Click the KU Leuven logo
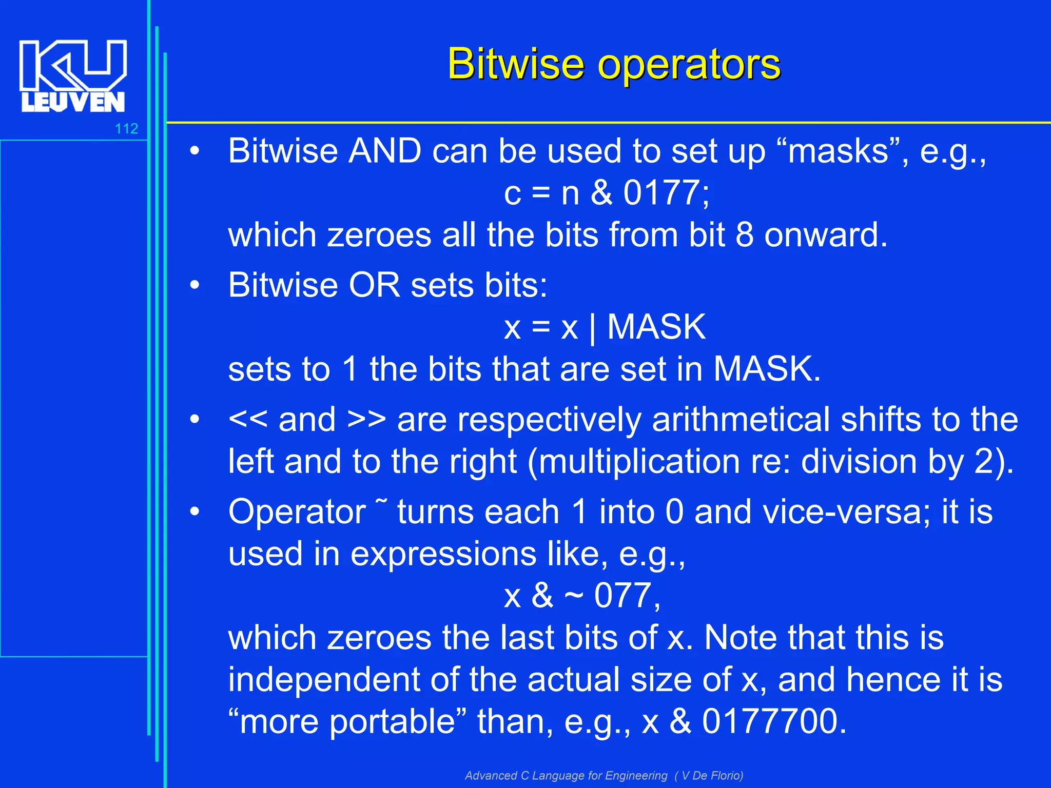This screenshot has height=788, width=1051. tap(73, 75)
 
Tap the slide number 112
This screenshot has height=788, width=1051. tap(126, 128)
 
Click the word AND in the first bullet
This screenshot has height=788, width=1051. tap(385, 151)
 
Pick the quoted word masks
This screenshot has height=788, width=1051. tap(838, 151)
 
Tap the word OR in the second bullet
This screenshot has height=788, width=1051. tap(374, 285)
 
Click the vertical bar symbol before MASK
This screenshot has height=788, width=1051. tap(593, 328)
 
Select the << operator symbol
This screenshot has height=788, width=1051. tap(248, 419)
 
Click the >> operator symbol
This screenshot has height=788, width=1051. tap(366, 419)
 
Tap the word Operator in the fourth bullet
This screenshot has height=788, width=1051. tap(297, 511)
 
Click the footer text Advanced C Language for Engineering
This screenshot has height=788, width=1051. tap(566, 775)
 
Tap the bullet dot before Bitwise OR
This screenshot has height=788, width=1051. tap(194, 285)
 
